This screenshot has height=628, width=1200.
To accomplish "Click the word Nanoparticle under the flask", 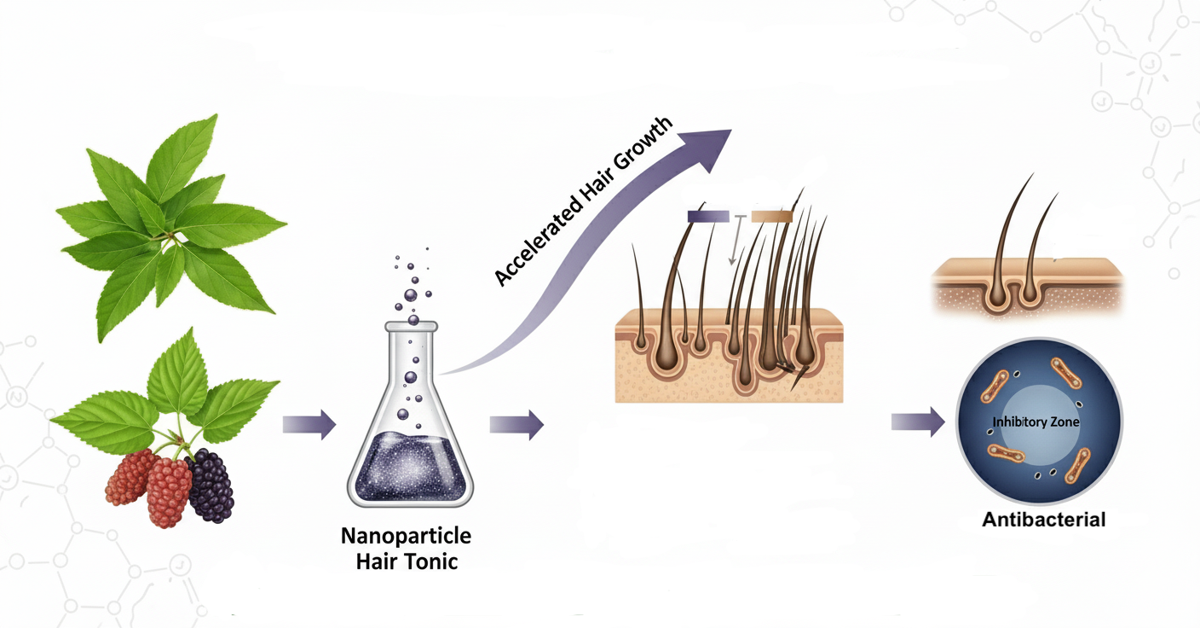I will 406,536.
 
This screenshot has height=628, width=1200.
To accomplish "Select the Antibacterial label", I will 1043,519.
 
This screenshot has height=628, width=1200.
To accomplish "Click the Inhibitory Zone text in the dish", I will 1036,422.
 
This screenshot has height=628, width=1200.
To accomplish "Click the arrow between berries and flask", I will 309,424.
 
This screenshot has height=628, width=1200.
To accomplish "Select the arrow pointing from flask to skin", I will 516,424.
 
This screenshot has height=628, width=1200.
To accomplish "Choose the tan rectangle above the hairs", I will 772,217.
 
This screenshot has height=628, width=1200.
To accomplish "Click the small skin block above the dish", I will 1027,286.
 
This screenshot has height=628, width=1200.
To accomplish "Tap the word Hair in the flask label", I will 380,562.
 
